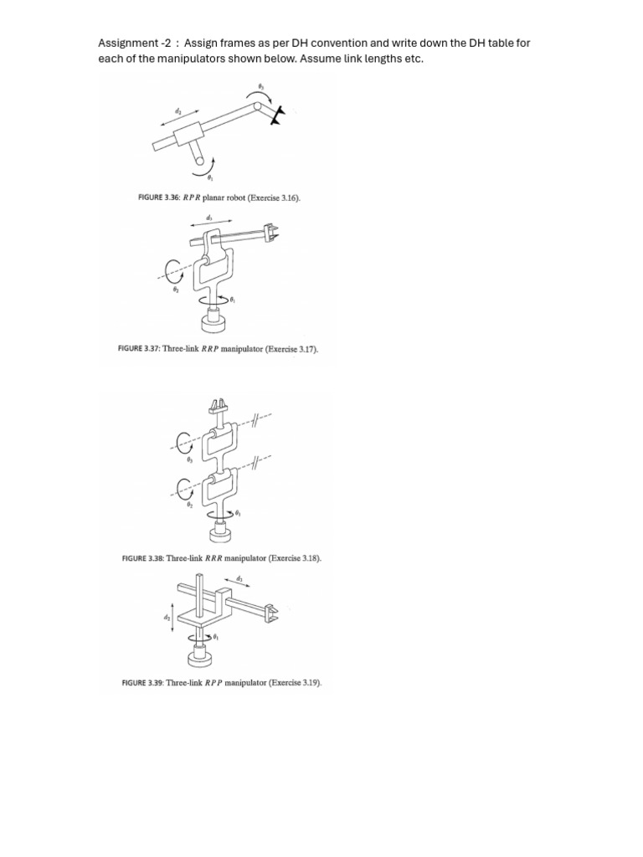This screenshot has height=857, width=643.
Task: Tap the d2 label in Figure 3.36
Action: (177, 110)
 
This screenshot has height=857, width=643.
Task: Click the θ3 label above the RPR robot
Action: (260, 86)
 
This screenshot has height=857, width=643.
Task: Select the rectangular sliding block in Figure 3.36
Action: (187, 133)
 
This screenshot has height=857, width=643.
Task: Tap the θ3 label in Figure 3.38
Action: (189, 460)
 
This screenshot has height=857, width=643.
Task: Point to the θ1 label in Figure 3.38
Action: (239, 512)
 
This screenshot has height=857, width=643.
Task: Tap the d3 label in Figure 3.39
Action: (239, 579)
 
